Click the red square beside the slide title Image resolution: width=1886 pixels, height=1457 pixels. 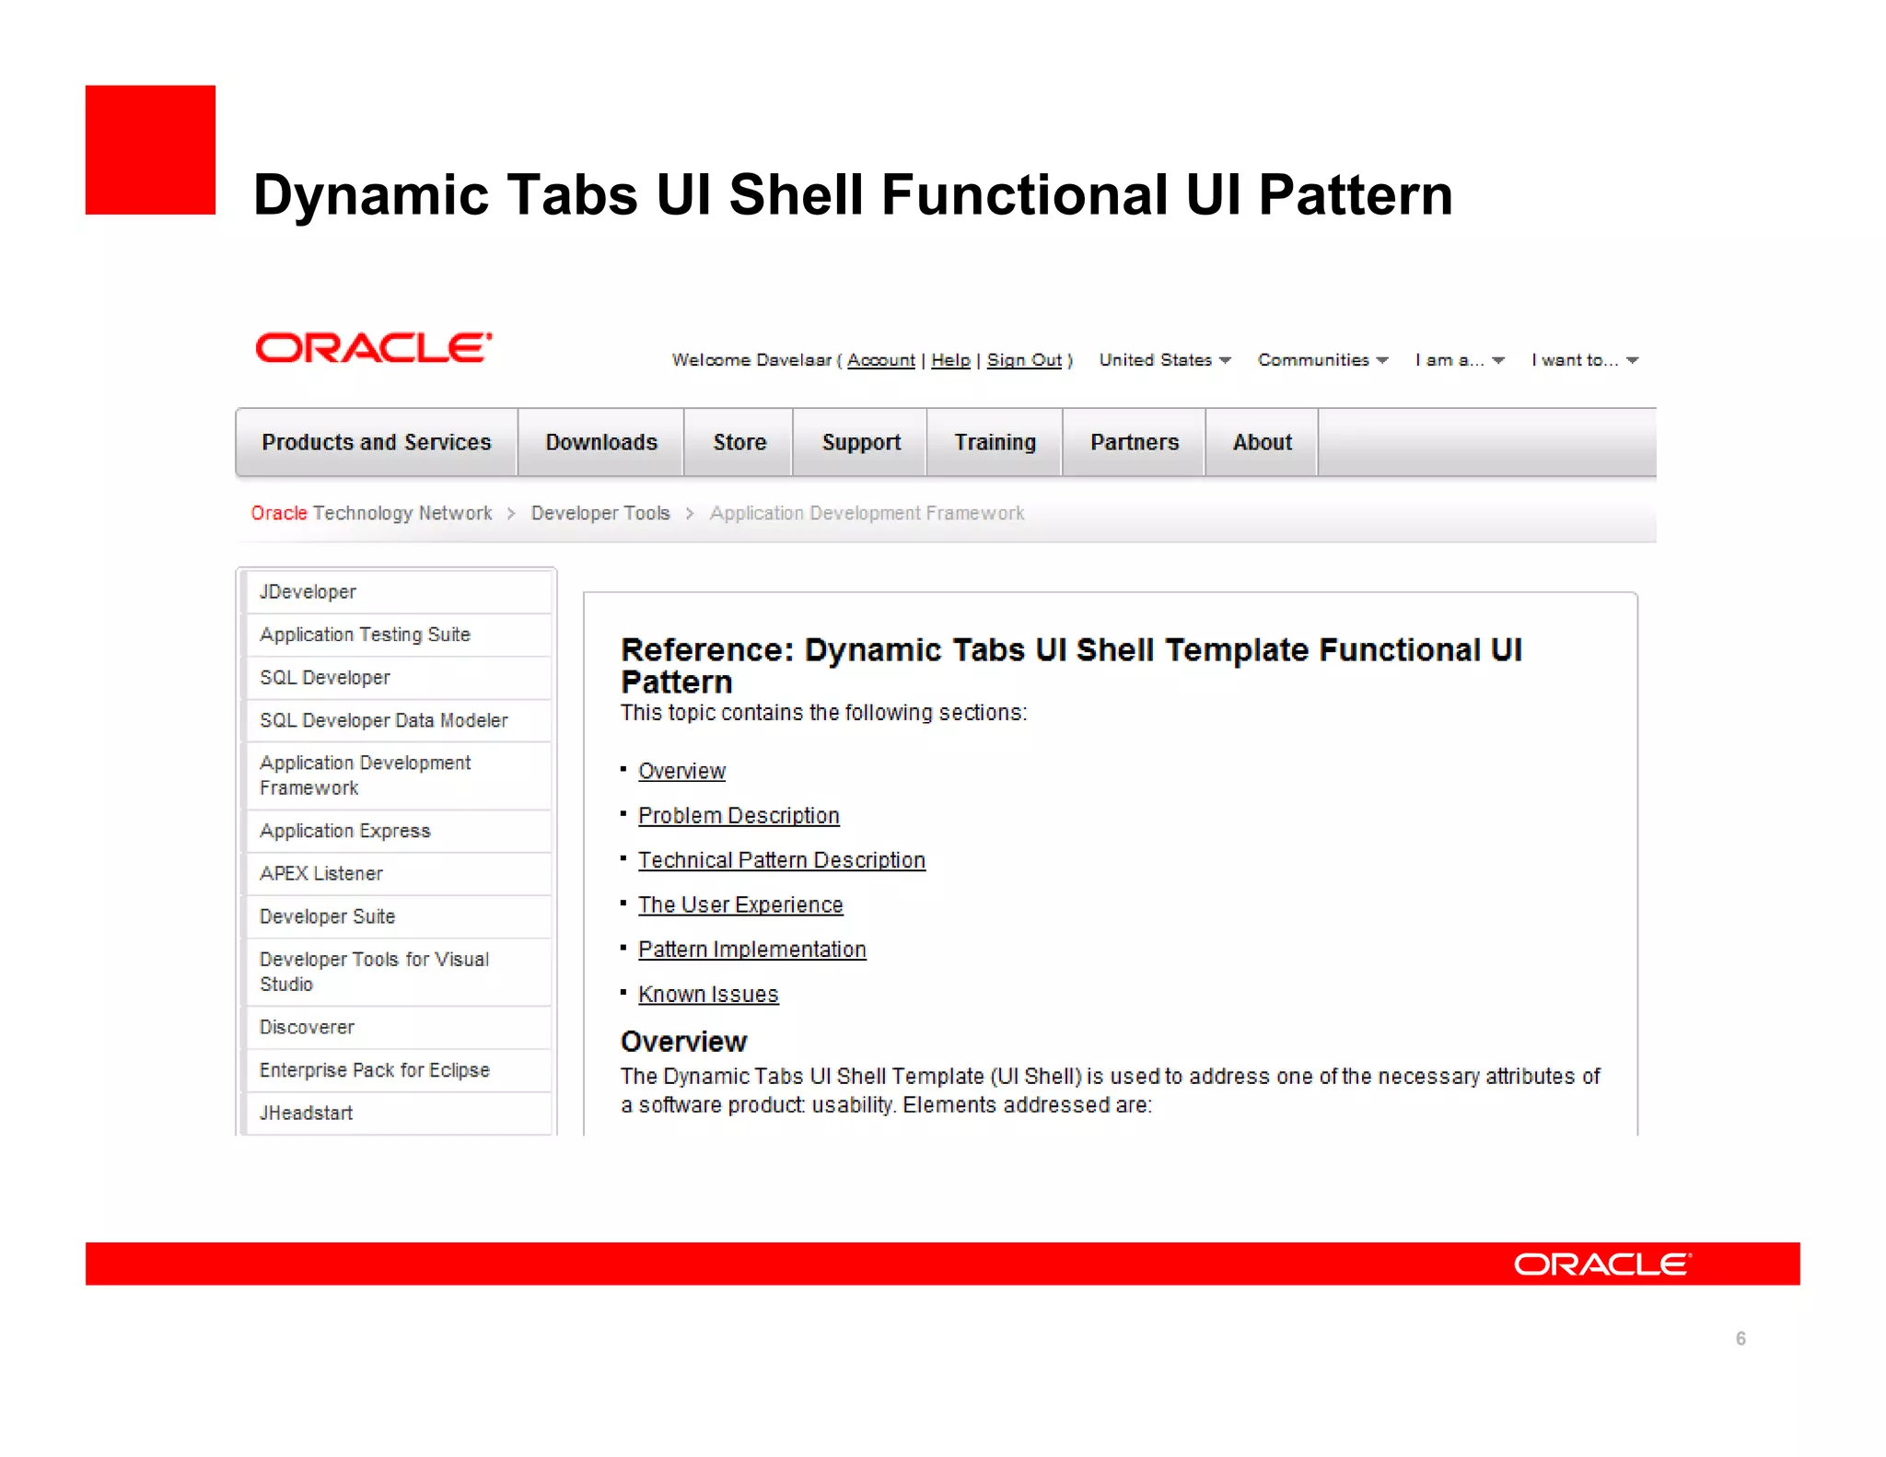tap(150, 150)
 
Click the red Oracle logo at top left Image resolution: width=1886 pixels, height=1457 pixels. tap(373, 348)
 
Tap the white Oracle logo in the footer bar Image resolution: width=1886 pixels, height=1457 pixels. tap(1601, 1264)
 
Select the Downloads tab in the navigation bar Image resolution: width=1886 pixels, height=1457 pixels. tap(600, 443)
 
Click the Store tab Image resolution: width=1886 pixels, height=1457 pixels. tap(739, 443)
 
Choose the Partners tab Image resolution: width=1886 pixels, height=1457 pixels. tap(1134, 443)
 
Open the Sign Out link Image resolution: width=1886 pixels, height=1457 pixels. tap(1024, 360)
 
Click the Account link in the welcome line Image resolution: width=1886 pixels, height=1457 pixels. tap(880, 360)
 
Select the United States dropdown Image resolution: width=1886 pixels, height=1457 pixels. tap(1164, 360)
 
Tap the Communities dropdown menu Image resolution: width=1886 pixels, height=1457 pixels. tap(1322, 360)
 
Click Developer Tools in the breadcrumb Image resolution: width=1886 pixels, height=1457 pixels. tap(600, 513)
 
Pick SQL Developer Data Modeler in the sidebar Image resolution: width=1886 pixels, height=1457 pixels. tap(383, 720)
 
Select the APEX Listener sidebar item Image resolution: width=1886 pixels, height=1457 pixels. tap(320, 873)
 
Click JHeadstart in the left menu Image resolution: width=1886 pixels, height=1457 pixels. tap(306, 1113)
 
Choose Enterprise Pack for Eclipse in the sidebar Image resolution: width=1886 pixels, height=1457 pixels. tap(374, 1070)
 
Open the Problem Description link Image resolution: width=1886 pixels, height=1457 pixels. tap(739, 816)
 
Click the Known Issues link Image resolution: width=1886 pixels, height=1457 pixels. tap(708, 995)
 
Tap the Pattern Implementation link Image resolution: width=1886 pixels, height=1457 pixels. tap(751, 950)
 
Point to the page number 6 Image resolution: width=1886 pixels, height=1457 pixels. tap(1740, 1338)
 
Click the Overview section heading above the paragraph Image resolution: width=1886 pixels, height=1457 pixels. tap(683, 1042)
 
